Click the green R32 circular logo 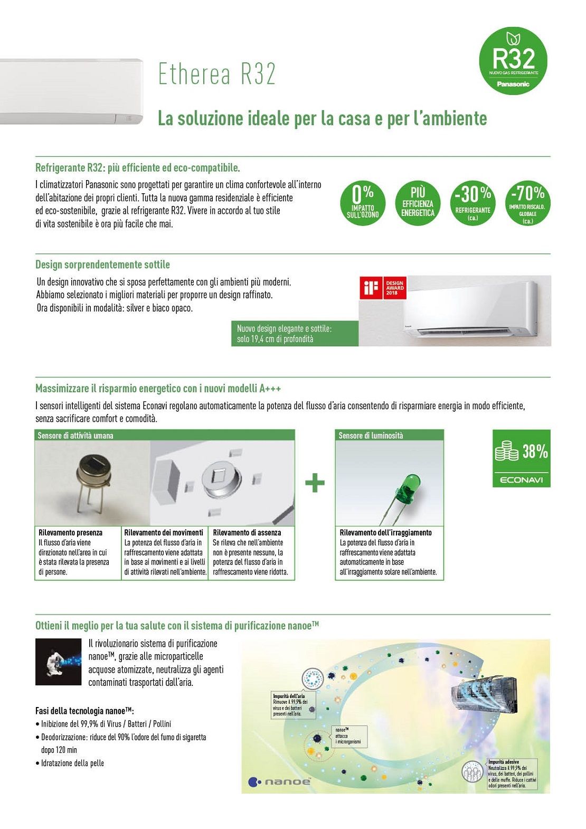point(513,61)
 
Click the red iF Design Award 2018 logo point(383,288)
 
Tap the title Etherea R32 point(217,74)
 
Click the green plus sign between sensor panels point(315,483)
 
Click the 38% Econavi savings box point(521,458)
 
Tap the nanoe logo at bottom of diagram point(280,781)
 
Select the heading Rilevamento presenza point(70,533)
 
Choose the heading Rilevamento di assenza point(247,533)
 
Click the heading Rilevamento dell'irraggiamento point(385,533)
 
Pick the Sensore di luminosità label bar point(390,436)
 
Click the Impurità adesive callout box point(512,774)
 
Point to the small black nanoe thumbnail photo point(58,662)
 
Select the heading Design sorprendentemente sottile point(102,265)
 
